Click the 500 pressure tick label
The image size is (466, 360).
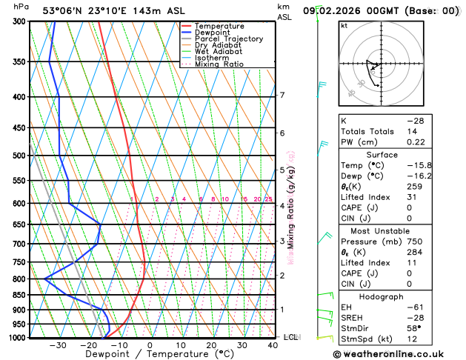[20, 156]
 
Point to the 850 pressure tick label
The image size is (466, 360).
[20, 296]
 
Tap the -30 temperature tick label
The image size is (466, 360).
[57, 345]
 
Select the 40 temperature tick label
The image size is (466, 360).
[273, 345]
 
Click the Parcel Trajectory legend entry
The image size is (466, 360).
[228, 39]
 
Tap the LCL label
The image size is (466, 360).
[290, 337]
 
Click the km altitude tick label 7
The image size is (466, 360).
[282, 96]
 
